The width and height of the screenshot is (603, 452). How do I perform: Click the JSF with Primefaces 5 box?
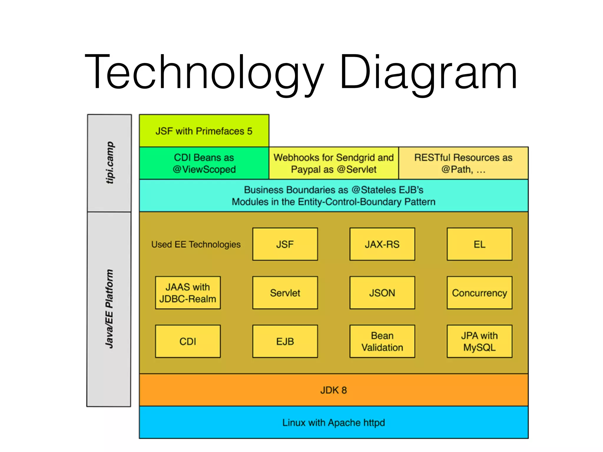pyautogui.click(x=204, y=131)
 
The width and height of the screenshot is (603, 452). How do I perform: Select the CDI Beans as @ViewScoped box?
pyautogui.click(x=204, y=163)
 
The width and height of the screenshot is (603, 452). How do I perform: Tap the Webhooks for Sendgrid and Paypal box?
pyautogui.click(x=334, y=163)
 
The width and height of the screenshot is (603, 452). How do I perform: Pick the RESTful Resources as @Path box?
pyautogui.click(x=463, y=163)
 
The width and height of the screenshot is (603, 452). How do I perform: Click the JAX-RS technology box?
pyautogui.click(x=382, y=244)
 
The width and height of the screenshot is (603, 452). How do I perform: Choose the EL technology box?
pyautogui.click(x=479, y=244)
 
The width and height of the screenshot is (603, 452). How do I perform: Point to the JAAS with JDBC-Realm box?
pyautogui.click(x=188, y=293)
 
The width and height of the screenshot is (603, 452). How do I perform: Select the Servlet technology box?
pyautogui.click(x=285, y=293)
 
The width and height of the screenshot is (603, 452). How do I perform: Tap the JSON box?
pyautogui.click(x=382, y=293)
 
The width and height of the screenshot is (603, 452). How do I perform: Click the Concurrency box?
pyautogui.click(x=479, y=293)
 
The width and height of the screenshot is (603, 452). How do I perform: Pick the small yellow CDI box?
pyautogui.click(x=188, y=341)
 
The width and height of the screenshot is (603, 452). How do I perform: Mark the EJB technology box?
pyautogui.click(x=285, y=341)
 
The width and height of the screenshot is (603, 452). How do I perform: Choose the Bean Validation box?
pyautogui.click(x=382, y=341)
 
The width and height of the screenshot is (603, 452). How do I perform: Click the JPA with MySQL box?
pyautogui.click(x=479, y=341)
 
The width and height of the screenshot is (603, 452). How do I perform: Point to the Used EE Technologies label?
pyautogui.click(x=196, y=244)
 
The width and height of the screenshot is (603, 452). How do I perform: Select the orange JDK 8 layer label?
pyautogui.click(x=334, y=390)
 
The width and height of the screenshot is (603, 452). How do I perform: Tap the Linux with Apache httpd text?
pyautogui.click(x=334, y=423)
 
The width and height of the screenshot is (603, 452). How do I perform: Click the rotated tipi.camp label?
pyautogui.click(x=110, y=163)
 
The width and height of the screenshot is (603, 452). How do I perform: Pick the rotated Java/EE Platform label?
pyautogui.click(x=109, y=309)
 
